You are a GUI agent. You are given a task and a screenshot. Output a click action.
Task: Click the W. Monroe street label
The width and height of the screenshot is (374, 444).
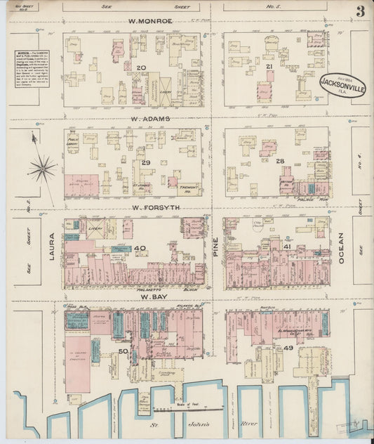coord(150,21)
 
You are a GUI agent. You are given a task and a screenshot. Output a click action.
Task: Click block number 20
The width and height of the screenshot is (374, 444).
coord(141,67)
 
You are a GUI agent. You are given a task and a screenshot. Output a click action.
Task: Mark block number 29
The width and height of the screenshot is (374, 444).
coord(146,162)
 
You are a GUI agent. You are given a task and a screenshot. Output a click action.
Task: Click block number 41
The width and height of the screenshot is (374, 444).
coord(287,247)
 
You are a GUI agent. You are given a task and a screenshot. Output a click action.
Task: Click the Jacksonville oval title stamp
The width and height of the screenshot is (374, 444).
coord(343,84)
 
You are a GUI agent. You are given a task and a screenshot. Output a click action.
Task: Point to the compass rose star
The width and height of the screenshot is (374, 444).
coord(42,167)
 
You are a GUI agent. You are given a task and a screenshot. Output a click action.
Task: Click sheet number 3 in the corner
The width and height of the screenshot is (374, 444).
coord(359,11)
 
